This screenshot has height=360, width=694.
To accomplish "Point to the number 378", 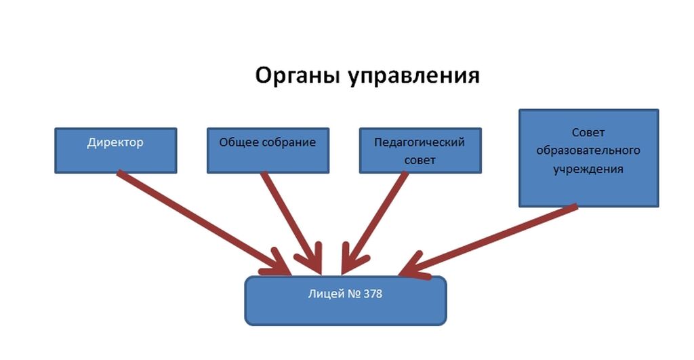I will click(x=372, y=295).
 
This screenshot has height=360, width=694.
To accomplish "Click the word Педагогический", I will click(x=420, y=143).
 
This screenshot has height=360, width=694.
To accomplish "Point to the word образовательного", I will click(x=588, y=149).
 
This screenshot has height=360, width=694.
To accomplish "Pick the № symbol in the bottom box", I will click(x=350, y=295).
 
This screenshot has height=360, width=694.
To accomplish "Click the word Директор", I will click(x=115, y=143).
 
